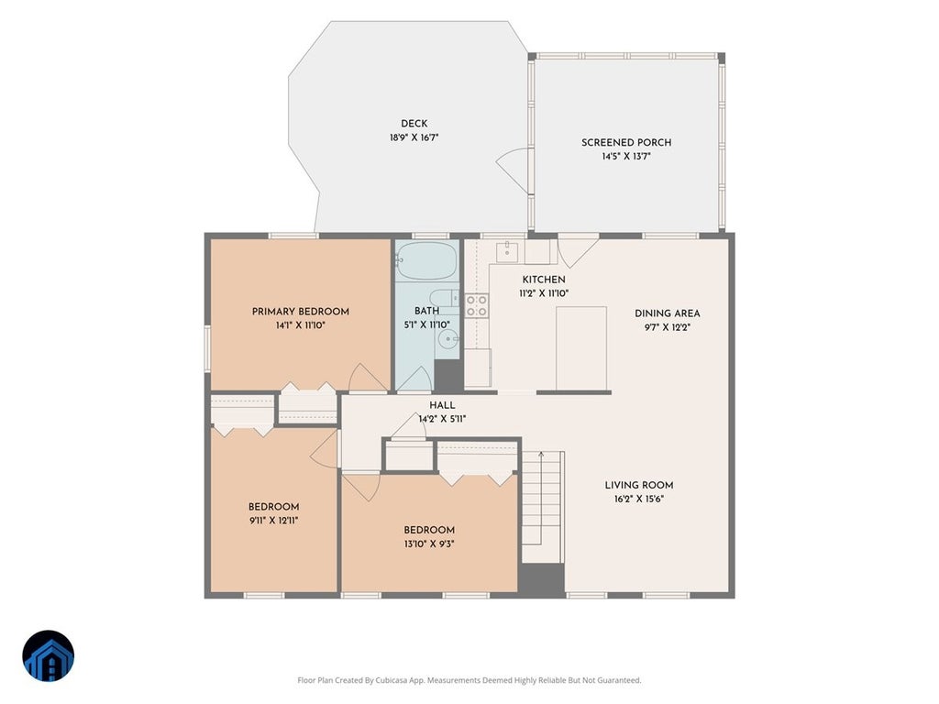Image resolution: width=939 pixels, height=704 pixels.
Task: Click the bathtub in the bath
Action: [426, 260]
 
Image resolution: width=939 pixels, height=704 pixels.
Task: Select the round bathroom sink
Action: [447, 339]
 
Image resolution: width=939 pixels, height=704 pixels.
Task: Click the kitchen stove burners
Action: [477, 305]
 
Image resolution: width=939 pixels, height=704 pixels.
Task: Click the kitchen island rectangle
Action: [581, 348]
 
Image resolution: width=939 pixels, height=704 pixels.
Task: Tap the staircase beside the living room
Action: [543, 506]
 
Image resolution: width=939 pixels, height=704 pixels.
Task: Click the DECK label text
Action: [414, 124]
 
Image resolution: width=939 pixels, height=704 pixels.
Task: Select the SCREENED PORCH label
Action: [626, 142]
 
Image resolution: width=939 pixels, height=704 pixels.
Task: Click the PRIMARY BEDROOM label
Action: [301, 312]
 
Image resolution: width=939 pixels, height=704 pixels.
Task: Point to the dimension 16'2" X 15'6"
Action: [639, 500]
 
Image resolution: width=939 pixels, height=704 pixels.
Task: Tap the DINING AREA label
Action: [668, 313]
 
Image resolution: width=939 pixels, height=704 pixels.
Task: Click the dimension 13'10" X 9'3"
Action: [429, 544]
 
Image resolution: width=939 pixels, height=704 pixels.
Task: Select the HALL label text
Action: [442, 405]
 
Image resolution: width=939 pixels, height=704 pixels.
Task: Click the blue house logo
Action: [49, 656]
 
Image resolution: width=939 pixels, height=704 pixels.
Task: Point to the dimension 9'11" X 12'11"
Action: [273, 521]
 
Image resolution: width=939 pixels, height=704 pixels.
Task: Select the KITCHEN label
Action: [544, 280]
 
